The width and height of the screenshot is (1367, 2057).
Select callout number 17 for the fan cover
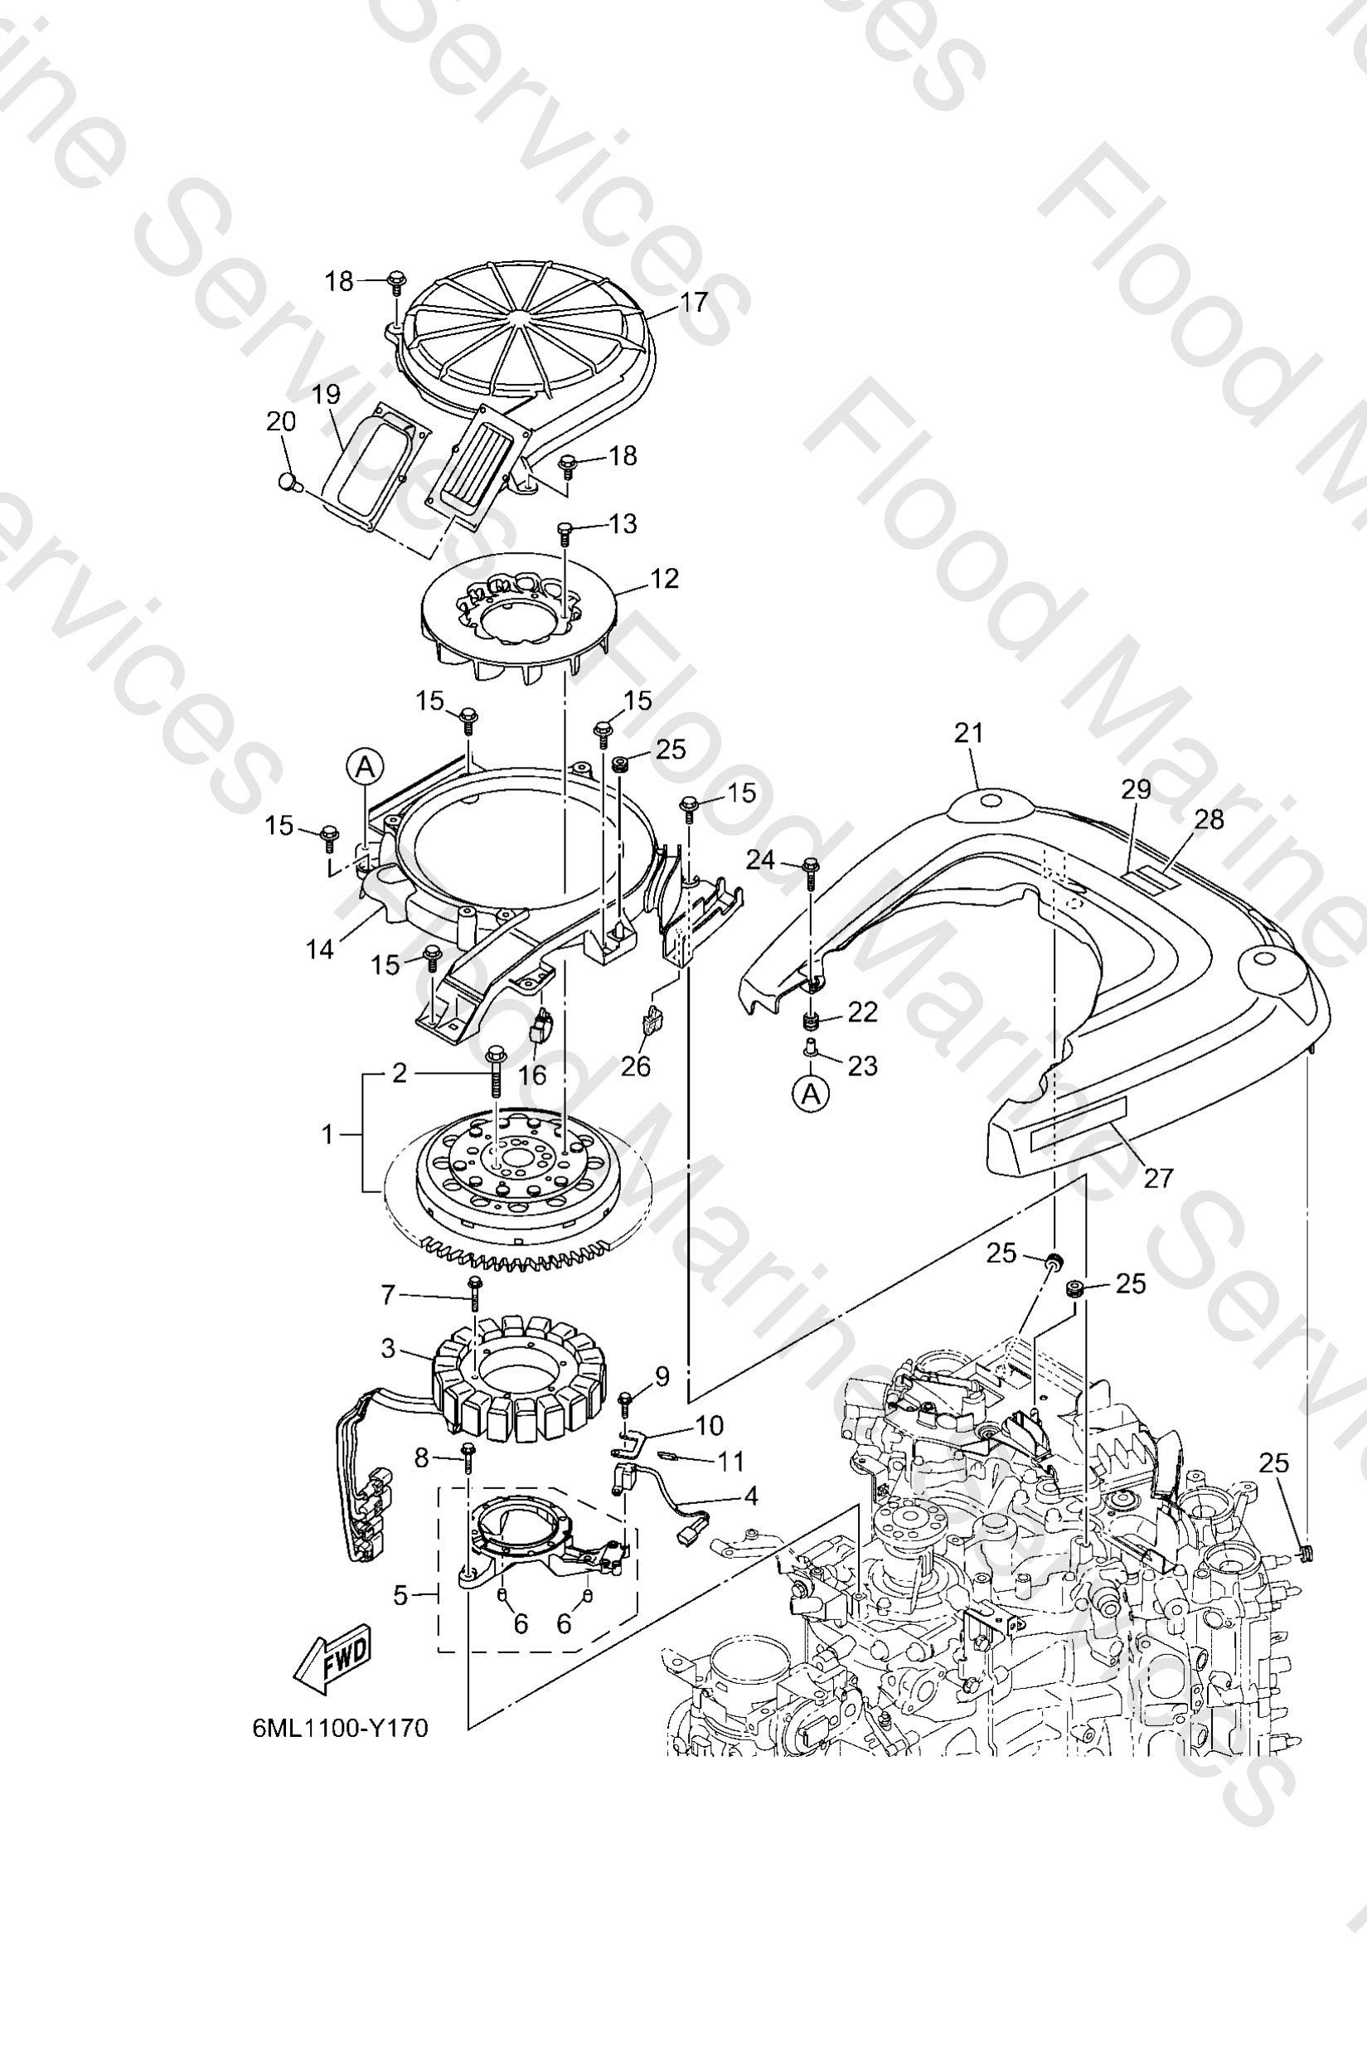click(693, 303)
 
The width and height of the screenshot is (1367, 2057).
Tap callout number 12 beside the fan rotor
click(664, 579)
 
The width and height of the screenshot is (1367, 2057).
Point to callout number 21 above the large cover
click(967, 733)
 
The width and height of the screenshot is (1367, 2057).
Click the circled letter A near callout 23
click(812, 1093)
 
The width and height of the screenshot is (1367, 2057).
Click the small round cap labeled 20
click(289, 480)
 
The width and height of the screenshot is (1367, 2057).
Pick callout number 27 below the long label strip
click(1158, 1178)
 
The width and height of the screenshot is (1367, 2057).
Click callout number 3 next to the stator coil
click(389, 1349)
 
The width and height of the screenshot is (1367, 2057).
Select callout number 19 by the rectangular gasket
click(326, 394)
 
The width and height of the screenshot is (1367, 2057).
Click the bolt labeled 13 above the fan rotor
click(565, 530)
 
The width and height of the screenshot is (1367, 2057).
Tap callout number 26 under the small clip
click(636, 1066)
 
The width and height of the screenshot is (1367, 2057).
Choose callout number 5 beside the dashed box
click(400, 1596)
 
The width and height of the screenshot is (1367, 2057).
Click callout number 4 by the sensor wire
click(749, 1497)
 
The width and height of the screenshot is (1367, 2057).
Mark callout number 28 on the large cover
click(1209, 819)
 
